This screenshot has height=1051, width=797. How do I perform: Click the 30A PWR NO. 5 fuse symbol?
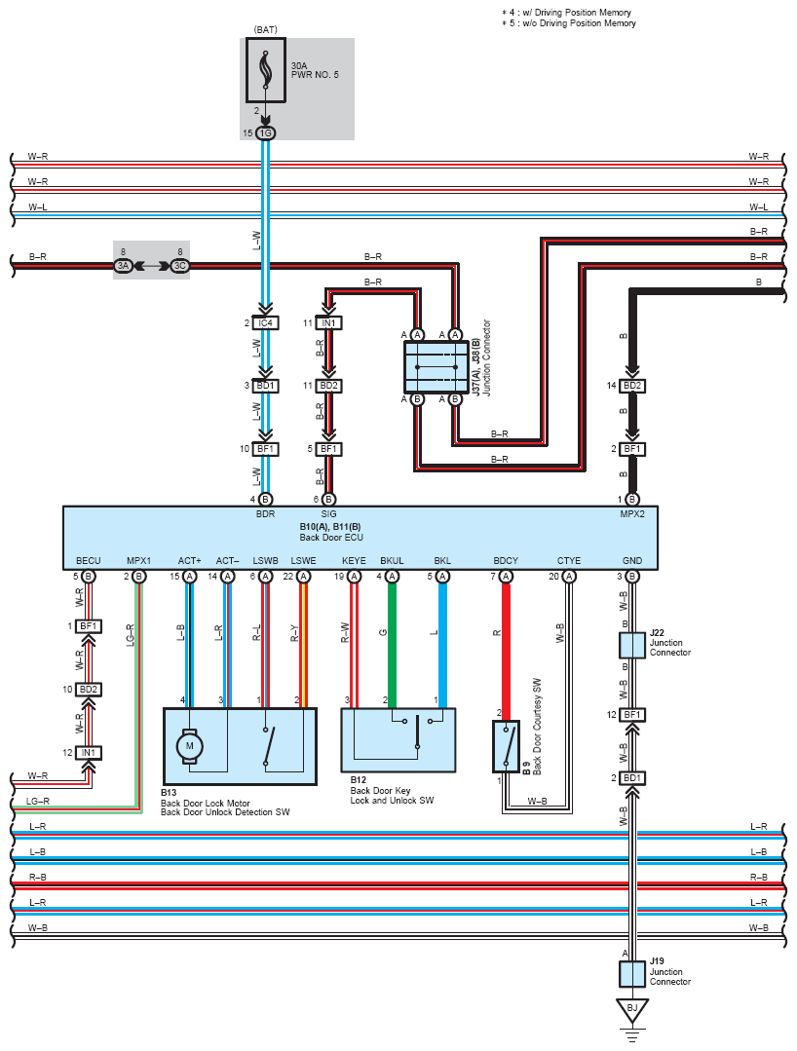(x=266, y=70)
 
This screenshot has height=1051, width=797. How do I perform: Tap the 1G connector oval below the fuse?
(x=266, y=133)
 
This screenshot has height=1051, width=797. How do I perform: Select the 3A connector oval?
(x=123, y=266)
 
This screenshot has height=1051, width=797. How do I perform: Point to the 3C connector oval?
(x=179, y=266)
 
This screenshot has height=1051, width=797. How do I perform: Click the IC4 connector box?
(x=265, y=323)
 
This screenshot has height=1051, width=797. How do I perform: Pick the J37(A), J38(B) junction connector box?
(x=436, y=366)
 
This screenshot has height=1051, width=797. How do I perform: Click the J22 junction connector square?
(x=632, y=646)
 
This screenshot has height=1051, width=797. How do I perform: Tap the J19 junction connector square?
(x=632, y=974)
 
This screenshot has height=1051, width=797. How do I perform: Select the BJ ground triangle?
(x=632, y=1009)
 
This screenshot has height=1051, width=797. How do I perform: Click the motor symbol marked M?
(x=190, y=746)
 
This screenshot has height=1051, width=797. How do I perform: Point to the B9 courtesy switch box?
(x=506, y=746)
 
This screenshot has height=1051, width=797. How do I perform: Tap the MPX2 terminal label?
(x=632, y=514)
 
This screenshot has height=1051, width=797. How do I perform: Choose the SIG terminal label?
(x=328, y=514)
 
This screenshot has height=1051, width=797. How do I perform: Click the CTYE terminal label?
(x=569, y=560)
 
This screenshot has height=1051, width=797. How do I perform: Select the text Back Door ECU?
(x=331, y=538)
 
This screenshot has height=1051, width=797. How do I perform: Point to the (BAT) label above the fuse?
(x=265, y=29)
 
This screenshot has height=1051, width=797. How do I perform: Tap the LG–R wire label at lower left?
(x=38, y=801)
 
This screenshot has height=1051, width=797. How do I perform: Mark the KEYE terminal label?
(x=354, y=560)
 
